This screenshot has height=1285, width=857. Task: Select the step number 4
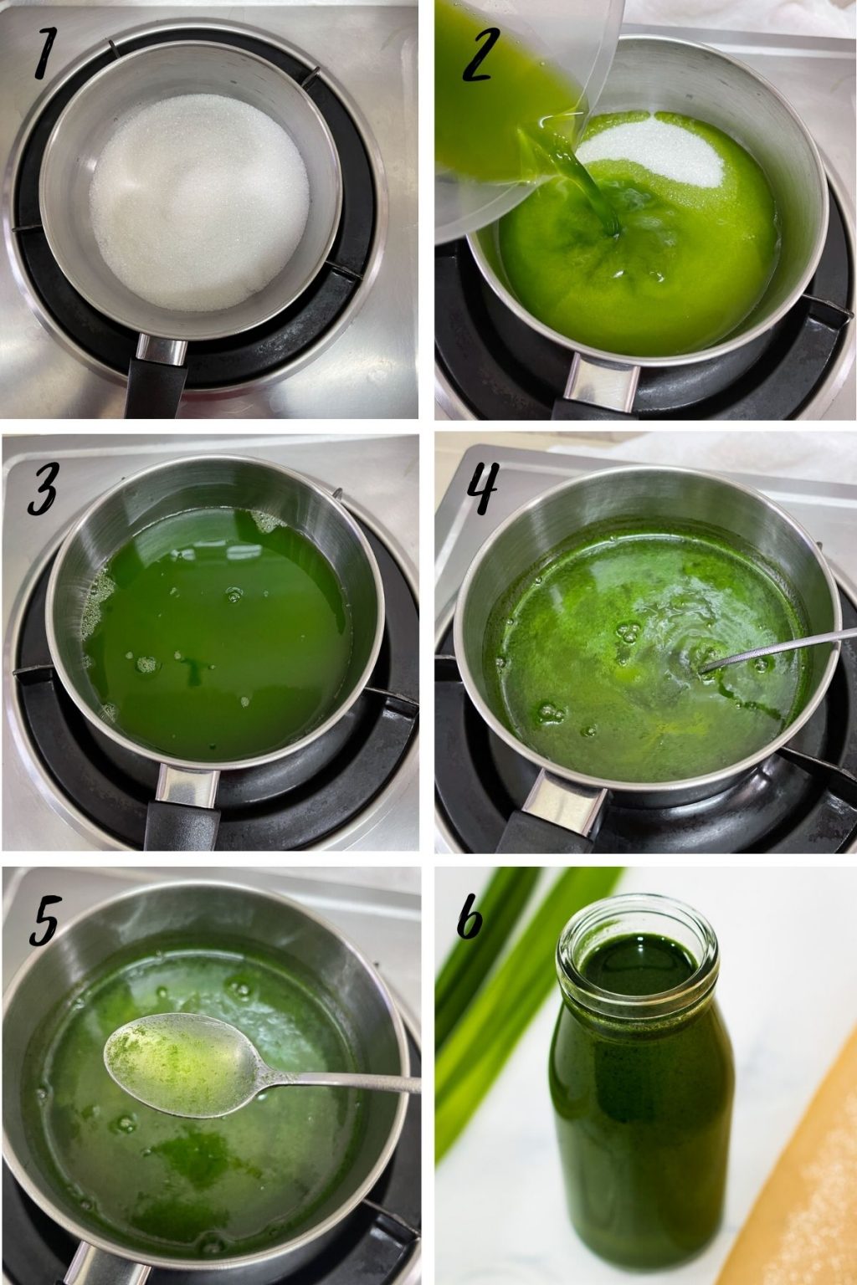pos(479,489)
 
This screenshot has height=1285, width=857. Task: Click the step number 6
pos(472,920)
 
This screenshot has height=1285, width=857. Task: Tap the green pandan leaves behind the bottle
pos(485,1004)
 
